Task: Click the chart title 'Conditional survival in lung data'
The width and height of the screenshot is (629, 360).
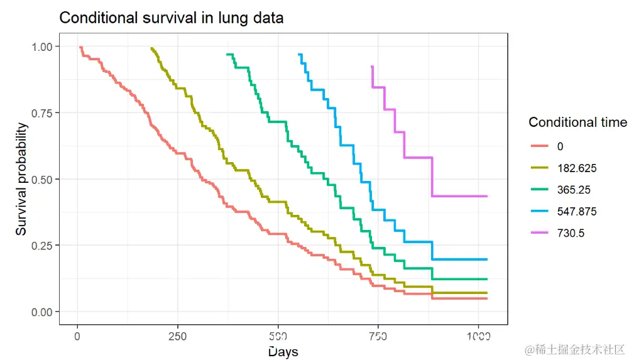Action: tap(171, 18)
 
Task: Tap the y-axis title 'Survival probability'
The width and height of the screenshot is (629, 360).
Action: tap(22, 179)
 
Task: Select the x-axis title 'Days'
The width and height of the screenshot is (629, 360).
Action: tap(283, 351)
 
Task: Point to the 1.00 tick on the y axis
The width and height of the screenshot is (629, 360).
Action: tap(46, 46)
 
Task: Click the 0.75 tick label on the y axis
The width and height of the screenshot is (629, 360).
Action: tap(46, 112)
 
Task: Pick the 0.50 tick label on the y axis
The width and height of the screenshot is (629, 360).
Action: tap(46, 179)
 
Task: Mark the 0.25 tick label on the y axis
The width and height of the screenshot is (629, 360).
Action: tap(46, 245)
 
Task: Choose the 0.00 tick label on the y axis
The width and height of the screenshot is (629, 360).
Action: tap(46, 312)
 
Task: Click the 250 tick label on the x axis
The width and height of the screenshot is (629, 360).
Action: tap(177, 336)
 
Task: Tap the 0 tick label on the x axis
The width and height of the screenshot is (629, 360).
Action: tap(77, 336)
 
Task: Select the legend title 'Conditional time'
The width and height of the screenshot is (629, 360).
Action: tap(577, 122)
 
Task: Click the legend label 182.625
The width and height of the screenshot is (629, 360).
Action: tap(576, 168)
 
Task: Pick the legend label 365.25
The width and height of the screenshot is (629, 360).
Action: tap(573, 190)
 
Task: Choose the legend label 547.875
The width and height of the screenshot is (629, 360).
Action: tap(576, 212)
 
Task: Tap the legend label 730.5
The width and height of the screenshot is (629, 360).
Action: tap(571, 233)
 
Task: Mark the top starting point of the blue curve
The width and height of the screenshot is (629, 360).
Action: tap(299, 55)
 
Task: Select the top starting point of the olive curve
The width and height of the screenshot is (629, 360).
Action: tap(151, 48)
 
